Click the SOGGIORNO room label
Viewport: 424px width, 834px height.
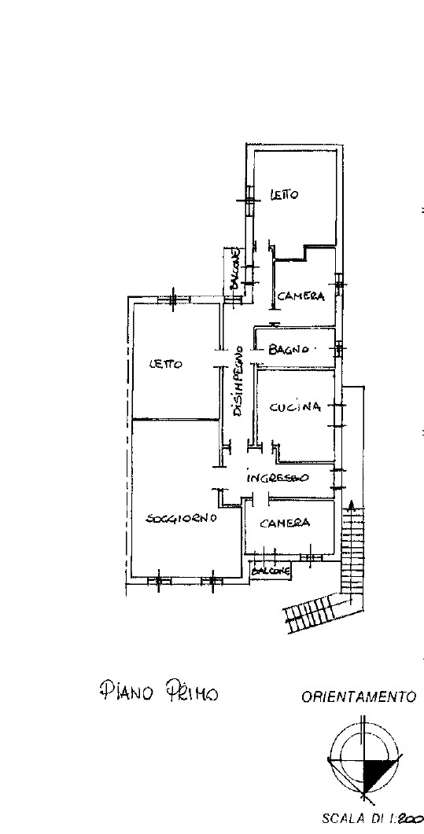[181, 518]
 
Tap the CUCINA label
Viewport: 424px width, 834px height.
[295, 407]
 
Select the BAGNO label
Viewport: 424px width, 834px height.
[289, 350]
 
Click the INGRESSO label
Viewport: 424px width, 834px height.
[277, 478]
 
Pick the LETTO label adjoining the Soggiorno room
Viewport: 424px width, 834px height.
[165, 365]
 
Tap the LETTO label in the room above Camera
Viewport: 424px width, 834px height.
[284, 195]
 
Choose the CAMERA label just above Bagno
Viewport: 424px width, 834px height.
[300, 296]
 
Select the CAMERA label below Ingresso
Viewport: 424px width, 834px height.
[285, 523]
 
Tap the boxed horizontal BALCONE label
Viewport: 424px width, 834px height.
[271, 571]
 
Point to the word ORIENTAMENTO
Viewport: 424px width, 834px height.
[359, 696]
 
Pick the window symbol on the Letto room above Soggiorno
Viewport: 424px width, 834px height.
[174, 299]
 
